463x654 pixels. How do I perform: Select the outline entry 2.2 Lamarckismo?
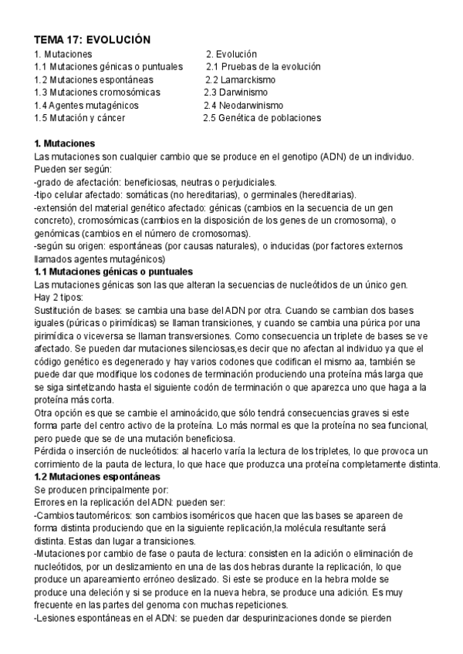tap(240, 79)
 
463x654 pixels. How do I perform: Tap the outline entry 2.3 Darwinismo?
tap(235, 93)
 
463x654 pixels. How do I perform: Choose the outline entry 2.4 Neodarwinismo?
tap(243, 105)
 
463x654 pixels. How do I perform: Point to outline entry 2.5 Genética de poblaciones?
tap(262, 118)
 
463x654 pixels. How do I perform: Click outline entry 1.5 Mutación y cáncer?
tap(79, 118)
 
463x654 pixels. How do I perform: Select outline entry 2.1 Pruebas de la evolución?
tap(263, 67)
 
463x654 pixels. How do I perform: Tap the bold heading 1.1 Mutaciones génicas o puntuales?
tap(114, 272)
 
